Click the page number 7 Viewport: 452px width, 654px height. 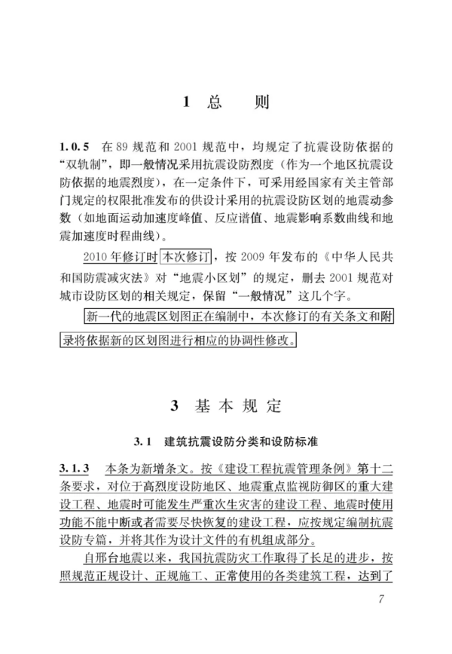point(383,600)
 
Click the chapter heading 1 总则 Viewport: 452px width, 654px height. point(226,103)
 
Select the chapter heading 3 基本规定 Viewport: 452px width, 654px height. point(226,407)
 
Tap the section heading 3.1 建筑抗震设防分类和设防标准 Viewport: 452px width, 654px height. point(225,439)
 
